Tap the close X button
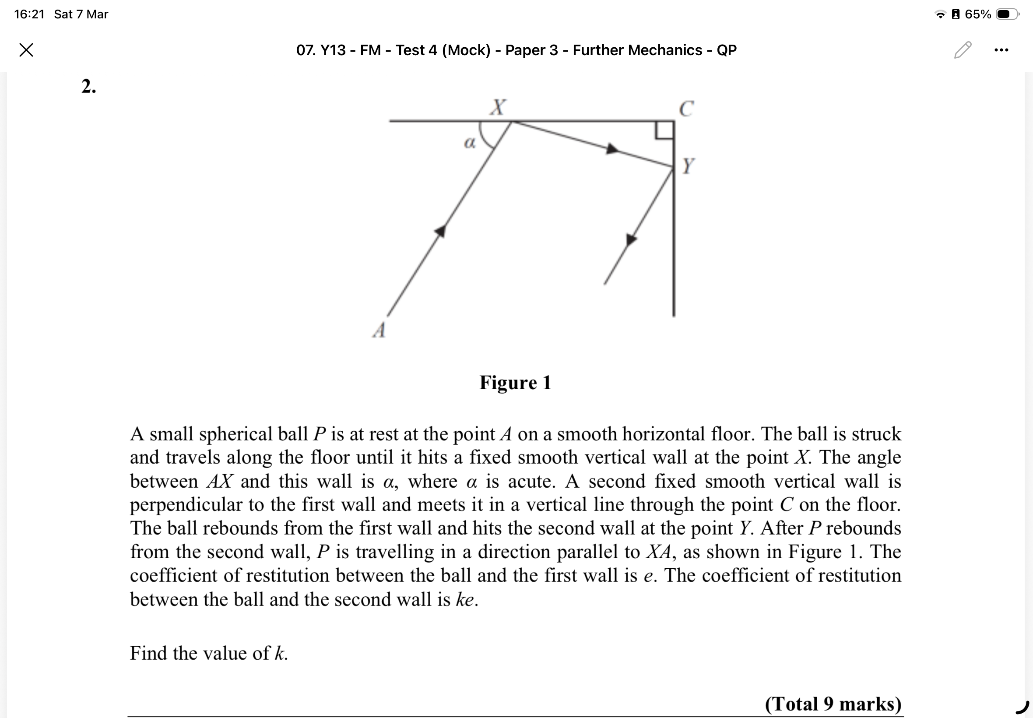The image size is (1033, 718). pyautogui.click(x=27, y=49)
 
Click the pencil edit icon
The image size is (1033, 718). pyautogui.click(x=962, y=49)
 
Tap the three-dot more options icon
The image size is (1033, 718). pyautogui.click(x=1001, y=50)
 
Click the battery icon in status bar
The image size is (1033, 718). pyautogui.click(x=1006, y=14)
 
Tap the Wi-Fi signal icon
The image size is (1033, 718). pyautogui.click(x=940, y=14)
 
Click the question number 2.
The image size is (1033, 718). pyautogui.click(x=88, y=86)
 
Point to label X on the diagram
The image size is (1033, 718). pyautogui.click(x=498, y=107)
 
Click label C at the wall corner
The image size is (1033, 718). pyautogui.click(x=686, y=109)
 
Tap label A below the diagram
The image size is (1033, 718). pyautogui.click(x=379, y=331)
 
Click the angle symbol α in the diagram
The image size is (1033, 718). pyautogui.click(x=469, y=143)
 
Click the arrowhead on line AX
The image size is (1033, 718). pyautogui.click(x=440, y=231)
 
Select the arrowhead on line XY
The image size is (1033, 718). pyautogui.click(x=612, y=148)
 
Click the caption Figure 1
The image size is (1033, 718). pyautogui.click(x=515, y=383)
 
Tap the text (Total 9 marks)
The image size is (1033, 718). pyautogui.click(x=833, y=704)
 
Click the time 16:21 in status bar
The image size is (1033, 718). pyautogui.click(x=29, y=14)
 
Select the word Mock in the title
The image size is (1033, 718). pyautogui.click(x=465, y=50)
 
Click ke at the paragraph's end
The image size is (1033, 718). pyautogui.click(x=465, y=600)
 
